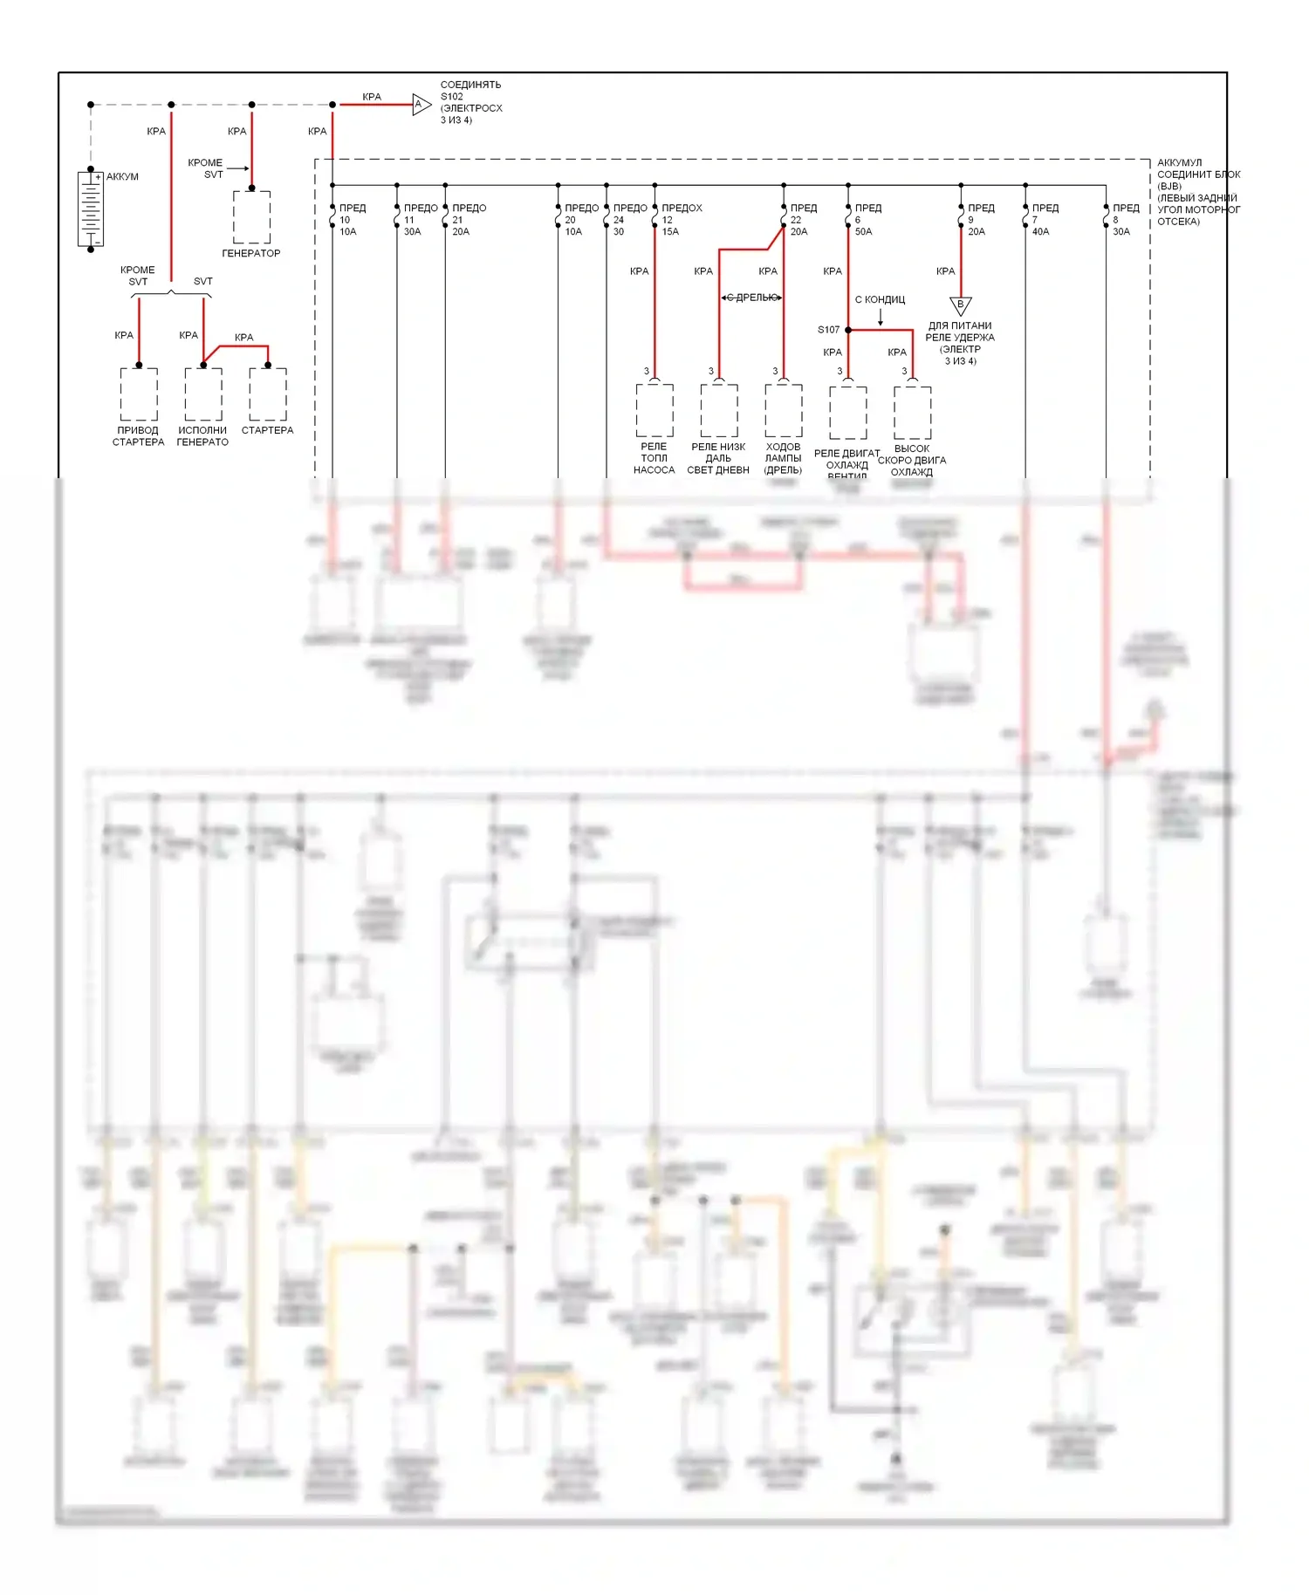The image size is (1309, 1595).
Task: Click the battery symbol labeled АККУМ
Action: pos(91,209)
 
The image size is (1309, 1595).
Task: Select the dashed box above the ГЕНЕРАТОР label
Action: pos(251,217)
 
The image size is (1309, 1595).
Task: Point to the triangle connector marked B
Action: pos(960,305)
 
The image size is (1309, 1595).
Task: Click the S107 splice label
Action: pos(828,330)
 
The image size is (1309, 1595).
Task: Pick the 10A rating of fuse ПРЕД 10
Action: pos(348,232)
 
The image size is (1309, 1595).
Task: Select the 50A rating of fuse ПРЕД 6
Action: pos(863,232)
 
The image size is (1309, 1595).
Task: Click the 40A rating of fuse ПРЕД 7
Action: pos(1040,232)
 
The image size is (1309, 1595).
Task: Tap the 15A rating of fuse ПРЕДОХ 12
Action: pos(670,232)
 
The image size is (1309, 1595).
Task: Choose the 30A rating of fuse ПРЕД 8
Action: pos(1121,232)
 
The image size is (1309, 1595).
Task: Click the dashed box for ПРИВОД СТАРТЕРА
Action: pos(139,394)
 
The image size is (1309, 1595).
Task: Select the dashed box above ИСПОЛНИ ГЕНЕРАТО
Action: pos(203,394)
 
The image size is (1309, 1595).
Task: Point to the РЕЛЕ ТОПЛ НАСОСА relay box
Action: pos(654,410)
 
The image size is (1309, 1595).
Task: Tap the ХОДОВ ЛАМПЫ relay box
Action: pos(784,410)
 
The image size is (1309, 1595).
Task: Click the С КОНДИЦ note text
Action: pos(880,300)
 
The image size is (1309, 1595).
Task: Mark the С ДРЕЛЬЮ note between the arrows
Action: pos(751,298)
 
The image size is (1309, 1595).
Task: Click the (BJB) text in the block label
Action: pos(1169,187)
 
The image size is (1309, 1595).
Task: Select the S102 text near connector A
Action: pos(452,97)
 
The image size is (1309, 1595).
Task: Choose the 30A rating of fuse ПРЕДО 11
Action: pos(412,232)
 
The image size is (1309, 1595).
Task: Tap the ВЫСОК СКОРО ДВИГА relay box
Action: pos(912,412)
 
